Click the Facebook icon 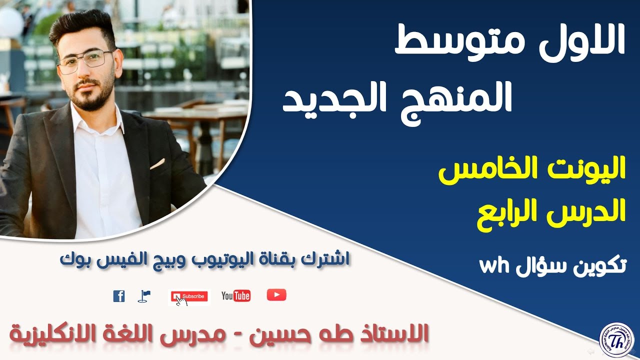tap(119, 296)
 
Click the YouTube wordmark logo tap(235, 296)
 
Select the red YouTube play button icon tap(276, 295)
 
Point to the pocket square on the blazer tap(157, 163)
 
